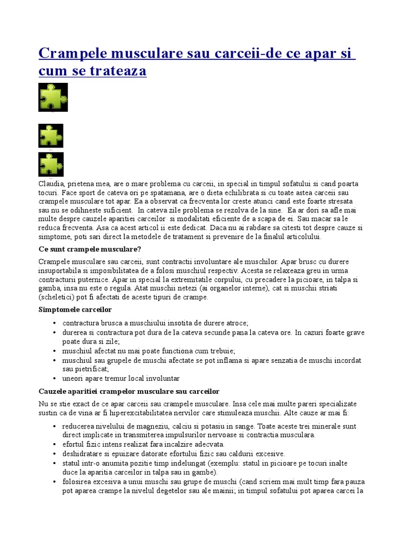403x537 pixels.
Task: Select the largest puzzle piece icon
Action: [x=53, y=97]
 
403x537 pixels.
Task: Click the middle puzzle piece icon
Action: [x=51, y=136]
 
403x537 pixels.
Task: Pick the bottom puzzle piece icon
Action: [x=51, y=164]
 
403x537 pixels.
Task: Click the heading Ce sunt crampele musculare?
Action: [x=90, y=249]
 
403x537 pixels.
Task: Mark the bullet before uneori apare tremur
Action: [x=55, y=378]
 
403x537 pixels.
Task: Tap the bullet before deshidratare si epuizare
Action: [x=55, y=454]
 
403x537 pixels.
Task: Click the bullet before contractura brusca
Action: [x=55, y=323]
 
